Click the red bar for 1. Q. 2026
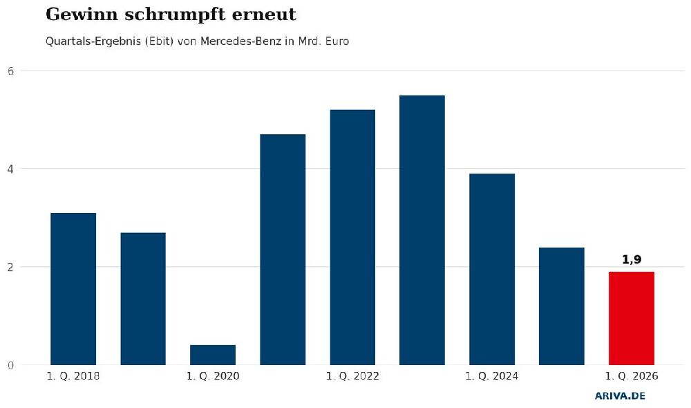coord(631,319)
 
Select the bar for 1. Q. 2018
coord(73,289)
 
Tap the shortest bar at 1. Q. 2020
coord(213,355)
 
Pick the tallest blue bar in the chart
coord(422,230)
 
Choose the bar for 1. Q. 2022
coord(352,237)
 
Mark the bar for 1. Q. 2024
coord(492,270)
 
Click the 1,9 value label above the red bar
coord(632,260)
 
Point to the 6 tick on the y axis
coord(11,71)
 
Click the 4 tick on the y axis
coord(11,169)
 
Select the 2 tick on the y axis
coord(11,267)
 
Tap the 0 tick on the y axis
coord(11,365)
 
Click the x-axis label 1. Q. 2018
coord(73,376)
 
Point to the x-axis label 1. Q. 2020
coord(213,376)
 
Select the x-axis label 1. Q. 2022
coord(352,376)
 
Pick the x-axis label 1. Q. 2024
coord(492,376)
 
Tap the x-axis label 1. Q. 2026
coord(632,376)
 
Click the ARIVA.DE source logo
coord(620,396)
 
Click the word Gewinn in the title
coord(82,14)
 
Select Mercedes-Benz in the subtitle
coord(241,41)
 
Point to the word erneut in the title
coord(264,15)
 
